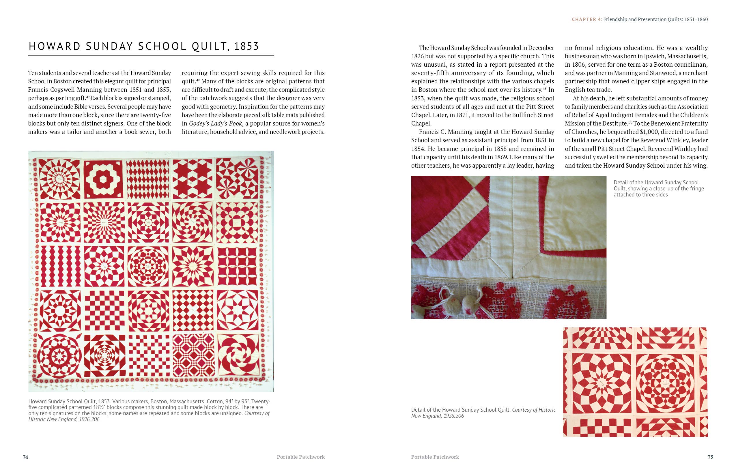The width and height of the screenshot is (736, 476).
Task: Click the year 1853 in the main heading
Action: (246, 46)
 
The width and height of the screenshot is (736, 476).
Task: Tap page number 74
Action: (26, 457)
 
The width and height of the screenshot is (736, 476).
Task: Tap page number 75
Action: (710, 457)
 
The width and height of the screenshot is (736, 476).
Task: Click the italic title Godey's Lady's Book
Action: (216, 123)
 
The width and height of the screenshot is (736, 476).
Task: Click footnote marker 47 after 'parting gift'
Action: (88, 97)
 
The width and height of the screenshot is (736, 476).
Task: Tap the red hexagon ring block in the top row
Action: (104, 179)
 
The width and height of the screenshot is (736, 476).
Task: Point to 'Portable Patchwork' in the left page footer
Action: (300, 457)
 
